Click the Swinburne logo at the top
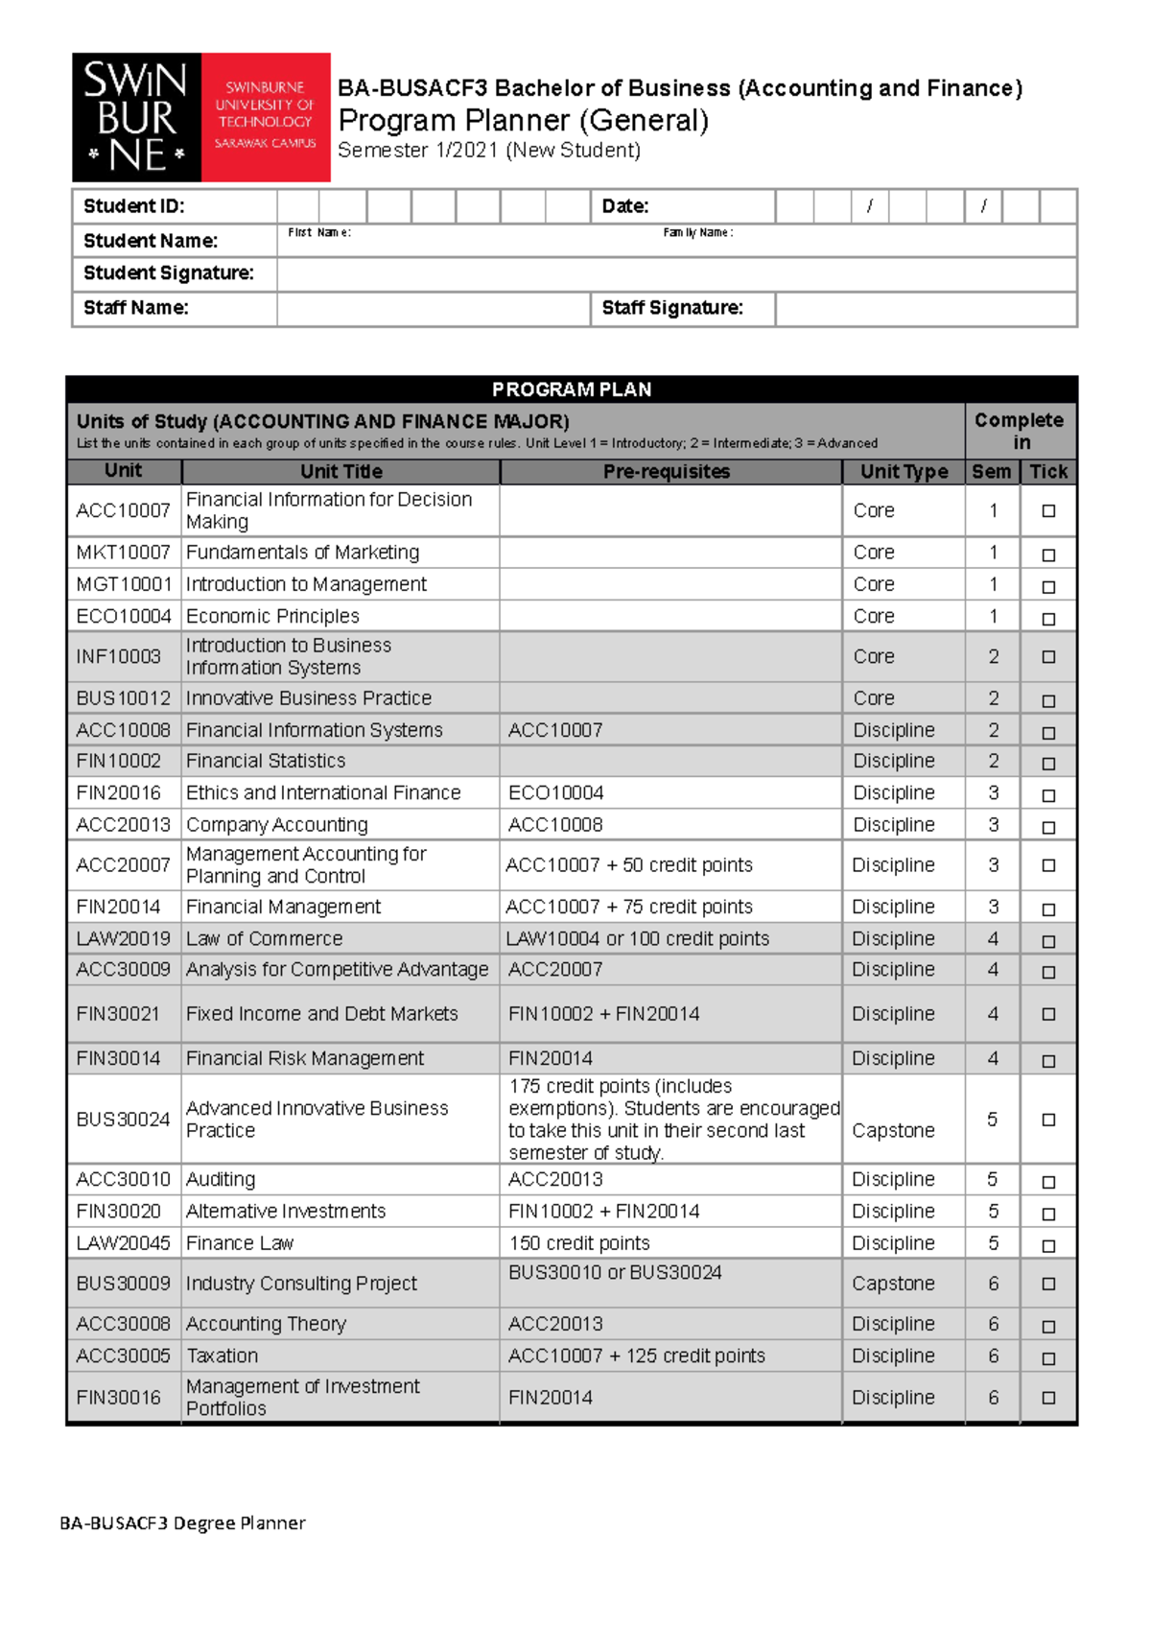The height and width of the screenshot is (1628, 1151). pos(200,117)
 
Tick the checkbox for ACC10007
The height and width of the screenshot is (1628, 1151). pos(1048,511)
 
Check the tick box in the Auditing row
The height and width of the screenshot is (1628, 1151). pos(1048,1182)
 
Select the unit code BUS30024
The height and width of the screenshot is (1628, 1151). pos(123,1120)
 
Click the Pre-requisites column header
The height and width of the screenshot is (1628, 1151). pos(667,471)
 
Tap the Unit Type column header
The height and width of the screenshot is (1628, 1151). pos(904,471)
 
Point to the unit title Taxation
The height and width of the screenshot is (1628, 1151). pos(222,1356)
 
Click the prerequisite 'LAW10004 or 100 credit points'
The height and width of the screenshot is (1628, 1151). pos(637,938)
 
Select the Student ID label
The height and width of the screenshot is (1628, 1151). pos(133,206)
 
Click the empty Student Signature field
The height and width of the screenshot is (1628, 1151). pos(676,274)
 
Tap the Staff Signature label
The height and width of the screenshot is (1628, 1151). pos(672,308)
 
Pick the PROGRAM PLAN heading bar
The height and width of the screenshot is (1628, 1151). pos(572,389)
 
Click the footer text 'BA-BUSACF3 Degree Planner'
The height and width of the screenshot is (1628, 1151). pos(182,1522)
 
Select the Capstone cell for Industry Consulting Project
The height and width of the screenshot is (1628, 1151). pos(893,1284)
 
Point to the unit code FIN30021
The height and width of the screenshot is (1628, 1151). pos(118,1014)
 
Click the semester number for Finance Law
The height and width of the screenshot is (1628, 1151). pos(993,1243)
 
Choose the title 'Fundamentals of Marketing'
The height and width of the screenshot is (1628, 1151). pos(302,553)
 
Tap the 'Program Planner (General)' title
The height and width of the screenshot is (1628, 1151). pos(524,121)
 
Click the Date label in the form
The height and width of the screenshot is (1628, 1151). pos(624,206)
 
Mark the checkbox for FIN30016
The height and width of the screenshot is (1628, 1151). pos(1048,1398)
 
